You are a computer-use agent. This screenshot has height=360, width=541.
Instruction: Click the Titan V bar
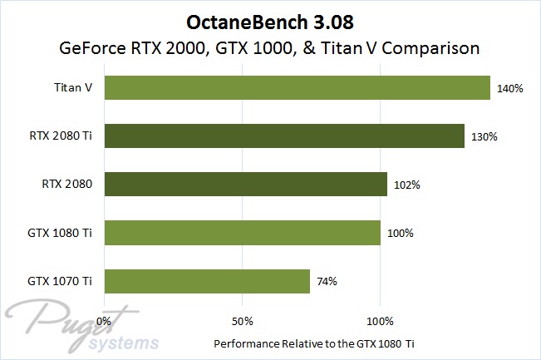pos(297,87)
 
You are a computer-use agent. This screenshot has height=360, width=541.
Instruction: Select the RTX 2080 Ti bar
pos(283,136)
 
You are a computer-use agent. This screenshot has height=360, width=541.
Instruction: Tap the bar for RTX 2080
pos(245,184)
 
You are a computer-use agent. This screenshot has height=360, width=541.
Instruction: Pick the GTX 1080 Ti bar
pos(242,233)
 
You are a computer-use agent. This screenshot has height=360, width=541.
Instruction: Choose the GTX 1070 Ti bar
pos(207,281)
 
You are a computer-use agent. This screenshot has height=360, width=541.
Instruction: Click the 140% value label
pos(509,87)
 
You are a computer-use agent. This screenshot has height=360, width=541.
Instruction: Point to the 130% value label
pos(483,136)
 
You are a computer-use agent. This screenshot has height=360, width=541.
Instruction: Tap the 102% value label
pos(406,184)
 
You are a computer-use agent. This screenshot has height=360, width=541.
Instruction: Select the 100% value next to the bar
pos(400,233)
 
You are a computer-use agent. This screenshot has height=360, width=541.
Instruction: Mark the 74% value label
pos(326,281)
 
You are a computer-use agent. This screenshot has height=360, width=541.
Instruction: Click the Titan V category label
pos(75,87)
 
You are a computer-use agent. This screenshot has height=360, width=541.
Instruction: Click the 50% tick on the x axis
pos(241,320)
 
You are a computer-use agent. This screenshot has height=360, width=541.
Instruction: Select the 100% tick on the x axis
pos(380,320)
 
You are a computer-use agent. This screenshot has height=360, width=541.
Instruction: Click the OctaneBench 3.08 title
pos(271,19)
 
